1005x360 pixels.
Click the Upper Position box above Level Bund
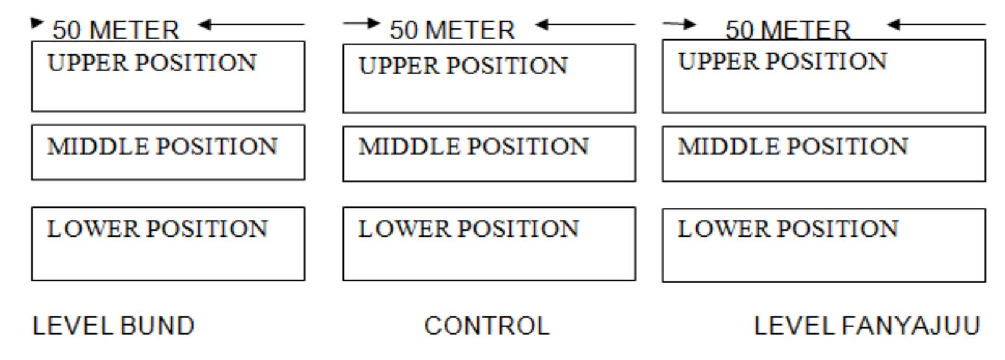pos(168,76)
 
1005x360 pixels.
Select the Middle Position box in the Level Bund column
pos(168,152)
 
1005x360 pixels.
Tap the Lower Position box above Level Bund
pos(168,244)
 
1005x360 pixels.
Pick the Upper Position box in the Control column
pos(489,78)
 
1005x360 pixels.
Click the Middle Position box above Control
pos(489,154)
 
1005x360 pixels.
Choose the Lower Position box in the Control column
pos(489,244)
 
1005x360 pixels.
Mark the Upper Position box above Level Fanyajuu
pos(823,76)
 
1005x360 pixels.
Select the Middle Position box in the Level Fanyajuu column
pos(823,154)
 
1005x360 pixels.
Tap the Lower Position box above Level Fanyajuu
pos(823,245)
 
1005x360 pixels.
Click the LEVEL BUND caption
pos(113,326)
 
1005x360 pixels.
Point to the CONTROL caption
pos(487,326)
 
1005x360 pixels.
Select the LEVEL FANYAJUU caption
pos(866,326)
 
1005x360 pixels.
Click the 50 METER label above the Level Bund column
pos(116,30)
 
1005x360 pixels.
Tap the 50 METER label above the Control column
pos(452,30)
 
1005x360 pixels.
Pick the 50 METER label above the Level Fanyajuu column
pos(788,30)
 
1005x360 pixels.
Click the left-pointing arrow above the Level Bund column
pos(251,25)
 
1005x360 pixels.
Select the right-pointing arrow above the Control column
pos(361,24)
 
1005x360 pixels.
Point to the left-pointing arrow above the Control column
pos(585,25)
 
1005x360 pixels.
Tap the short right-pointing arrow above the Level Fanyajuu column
pos(679,24)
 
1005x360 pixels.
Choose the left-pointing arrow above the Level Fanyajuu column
pos(936,25)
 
